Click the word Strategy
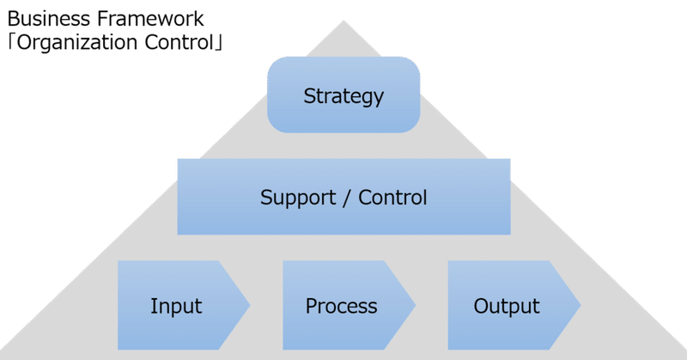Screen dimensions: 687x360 (343, 96)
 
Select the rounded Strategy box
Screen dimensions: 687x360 (343, 95)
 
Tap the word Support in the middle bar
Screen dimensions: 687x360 (298, 198)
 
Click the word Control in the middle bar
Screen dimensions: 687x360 (392, 198)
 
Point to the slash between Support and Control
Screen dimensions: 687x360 (347, 198)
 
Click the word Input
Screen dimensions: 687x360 (176, 307)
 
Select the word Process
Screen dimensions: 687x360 (341, 306)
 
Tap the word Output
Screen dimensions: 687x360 (507, 307)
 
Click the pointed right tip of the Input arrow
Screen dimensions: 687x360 (250, 305)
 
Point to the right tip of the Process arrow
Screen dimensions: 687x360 (415, 305)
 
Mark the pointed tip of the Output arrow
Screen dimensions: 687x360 (581, 305)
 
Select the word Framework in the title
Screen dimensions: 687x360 (150, 19)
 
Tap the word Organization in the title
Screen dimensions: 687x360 (76, 43)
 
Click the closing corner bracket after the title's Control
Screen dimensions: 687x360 (218, 43)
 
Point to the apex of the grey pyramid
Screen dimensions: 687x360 (343, 21)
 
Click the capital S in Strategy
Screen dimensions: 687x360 (309, 95)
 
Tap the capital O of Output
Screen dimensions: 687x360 (481, 306)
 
